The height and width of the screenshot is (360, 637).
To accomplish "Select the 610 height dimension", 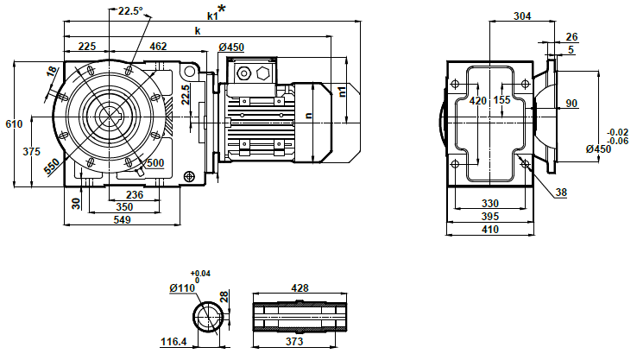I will coord(13,125).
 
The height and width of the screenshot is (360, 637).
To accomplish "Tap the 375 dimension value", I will coord(32,152).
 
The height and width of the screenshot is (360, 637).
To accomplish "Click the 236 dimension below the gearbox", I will coord(135,195).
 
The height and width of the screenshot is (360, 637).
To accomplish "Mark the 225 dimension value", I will coord(86,46).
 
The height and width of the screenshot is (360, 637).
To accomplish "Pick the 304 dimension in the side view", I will coord(521,16).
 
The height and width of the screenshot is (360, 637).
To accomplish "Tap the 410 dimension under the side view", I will coord(489,229).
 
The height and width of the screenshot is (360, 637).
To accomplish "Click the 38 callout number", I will coord(562,193).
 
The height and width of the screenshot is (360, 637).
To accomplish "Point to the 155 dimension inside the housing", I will coord(503,100).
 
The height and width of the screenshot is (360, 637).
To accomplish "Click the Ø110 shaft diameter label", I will coord(183,287).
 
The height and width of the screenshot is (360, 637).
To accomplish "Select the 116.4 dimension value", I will coord(173,342).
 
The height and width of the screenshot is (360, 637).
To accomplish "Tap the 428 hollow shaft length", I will coord(300,288).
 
